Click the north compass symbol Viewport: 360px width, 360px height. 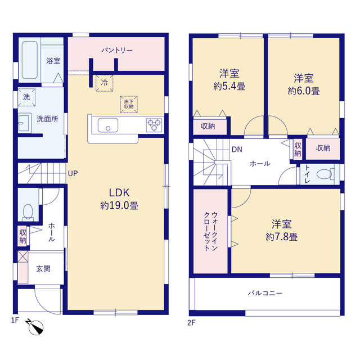35,327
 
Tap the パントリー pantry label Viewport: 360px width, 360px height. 117,50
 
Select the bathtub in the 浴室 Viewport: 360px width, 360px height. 30,60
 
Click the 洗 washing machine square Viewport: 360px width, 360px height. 26,97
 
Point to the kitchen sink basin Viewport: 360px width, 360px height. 108,125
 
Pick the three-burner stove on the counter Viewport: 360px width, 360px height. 154,125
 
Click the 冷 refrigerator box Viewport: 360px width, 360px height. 105,83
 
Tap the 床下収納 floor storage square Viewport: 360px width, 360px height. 129,105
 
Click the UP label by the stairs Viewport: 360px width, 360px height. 73,174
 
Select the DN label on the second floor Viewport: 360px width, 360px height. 237,150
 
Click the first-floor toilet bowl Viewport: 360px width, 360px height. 28,211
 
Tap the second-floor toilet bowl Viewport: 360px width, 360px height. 324,174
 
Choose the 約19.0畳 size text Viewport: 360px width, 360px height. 119,205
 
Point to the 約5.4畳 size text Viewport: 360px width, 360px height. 229,86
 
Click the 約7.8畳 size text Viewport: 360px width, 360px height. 282,237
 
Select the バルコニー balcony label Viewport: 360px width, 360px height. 265,293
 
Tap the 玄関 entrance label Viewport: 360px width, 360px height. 43,269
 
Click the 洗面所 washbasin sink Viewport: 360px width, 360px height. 24,123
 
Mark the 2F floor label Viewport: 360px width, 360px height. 191,323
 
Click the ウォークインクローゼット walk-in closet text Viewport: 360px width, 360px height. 211,231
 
